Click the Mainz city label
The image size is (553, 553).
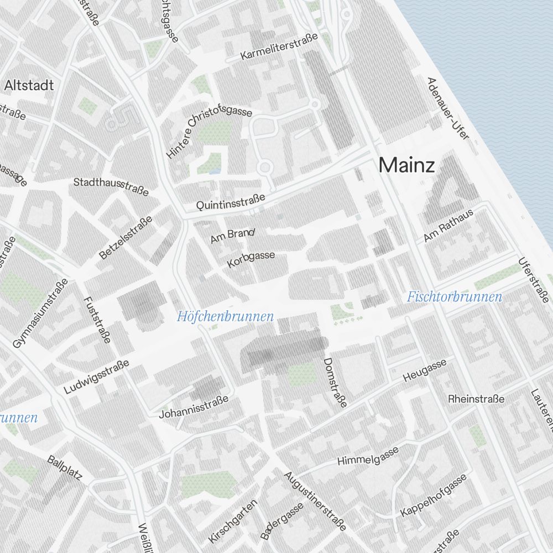coord(406,165)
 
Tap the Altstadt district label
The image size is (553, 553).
coord(29,85)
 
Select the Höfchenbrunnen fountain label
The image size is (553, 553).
coord(226,317)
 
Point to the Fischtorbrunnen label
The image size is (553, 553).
coord(455,297)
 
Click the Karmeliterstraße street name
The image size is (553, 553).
coord(279,48)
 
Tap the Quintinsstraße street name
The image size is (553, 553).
coord(231,202)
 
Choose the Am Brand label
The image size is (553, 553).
coord(232,236)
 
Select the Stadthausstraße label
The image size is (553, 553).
coord(111,186)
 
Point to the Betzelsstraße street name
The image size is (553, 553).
coord(126,238)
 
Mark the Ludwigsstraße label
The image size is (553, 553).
coord(96,377)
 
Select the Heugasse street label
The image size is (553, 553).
coord(425,370)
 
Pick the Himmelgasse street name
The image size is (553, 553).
coord(368,456)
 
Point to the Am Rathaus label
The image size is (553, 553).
coord(448,226)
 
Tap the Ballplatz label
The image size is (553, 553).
coord(64,468)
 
